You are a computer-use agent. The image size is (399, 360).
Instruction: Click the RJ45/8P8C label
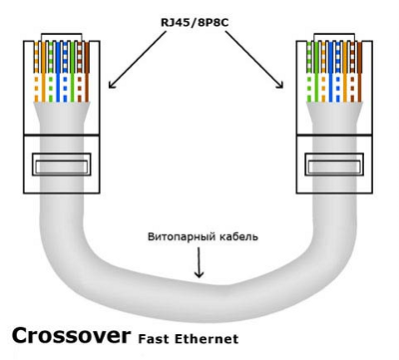(x=195, y=23)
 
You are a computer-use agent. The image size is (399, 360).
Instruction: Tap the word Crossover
(x=71, y=335)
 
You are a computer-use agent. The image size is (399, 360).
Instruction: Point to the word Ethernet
(x=206, y=339)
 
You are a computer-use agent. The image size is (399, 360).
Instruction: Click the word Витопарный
(x=183, y=237)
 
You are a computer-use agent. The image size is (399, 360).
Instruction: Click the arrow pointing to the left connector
(x=138, y=60)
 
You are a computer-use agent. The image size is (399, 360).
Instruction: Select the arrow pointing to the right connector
(x=254, y=60)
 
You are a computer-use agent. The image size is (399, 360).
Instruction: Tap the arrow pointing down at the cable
(x=199, y=262)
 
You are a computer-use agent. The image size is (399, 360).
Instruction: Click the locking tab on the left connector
(x=62, y=165)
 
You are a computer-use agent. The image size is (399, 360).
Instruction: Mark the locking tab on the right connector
(x=334, y=165)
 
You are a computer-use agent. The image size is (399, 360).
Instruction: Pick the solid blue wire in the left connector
(x=58, y=72)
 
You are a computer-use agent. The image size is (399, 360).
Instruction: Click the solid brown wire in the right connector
(x=360, y=72)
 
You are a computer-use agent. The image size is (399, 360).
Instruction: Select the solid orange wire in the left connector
(x=43, y=72)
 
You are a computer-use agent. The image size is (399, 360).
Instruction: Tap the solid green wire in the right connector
(x=316, y=72)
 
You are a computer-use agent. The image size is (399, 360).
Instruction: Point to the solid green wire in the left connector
(x=72, y=72)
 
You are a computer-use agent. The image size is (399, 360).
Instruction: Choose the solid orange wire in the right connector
(x=345, y=72)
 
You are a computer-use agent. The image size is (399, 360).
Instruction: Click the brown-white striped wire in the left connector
(x=80, y=72)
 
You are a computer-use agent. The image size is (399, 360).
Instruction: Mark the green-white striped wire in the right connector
(x=309, y=72)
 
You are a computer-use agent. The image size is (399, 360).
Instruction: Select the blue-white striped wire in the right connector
(x=338, y=72)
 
